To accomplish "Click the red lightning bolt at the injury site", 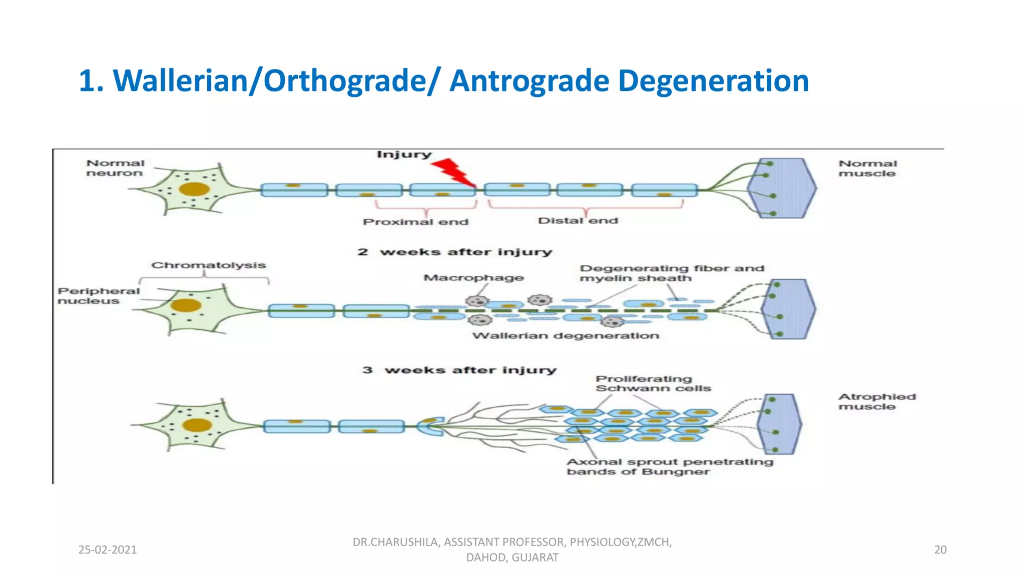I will (x=453, y=172).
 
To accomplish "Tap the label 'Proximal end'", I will (x=415, y=221).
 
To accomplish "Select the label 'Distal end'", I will (x=578, y=220).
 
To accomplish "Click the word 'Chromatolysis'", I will (x=208, y=265).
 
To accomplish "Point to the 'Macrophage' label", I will (x=473, y=277).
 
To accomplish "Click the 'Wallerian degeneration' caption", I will (x=566, y=335).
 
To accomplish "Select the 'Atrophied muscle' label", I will (x=877, y=401).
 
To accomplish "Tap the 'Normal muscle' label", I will (x=867, y=168).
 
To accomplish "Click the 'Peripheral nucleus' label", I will (x=98, y=295).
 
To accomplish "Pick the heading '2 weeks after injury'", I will (x=454, y=252).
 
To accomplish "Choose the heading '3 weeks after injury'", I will (x=459, y=370).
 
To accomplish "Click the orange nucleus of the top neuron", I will (x=194, y=189).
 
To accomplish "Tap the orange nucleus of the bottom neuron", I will (x=197, y=425).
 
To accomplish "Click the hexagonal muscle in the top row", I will (x=782, y=188).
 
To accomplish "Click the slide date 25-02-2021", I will (x=108, y=549).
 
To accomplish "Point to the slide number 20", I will (x=940, y=549).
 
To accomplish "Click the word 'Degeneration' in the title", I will (x=713, y=80).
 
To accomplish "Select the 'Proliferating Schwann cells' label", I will (x=653, y=383).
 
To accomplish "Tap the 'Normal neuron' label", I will (x=115, y=168).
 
